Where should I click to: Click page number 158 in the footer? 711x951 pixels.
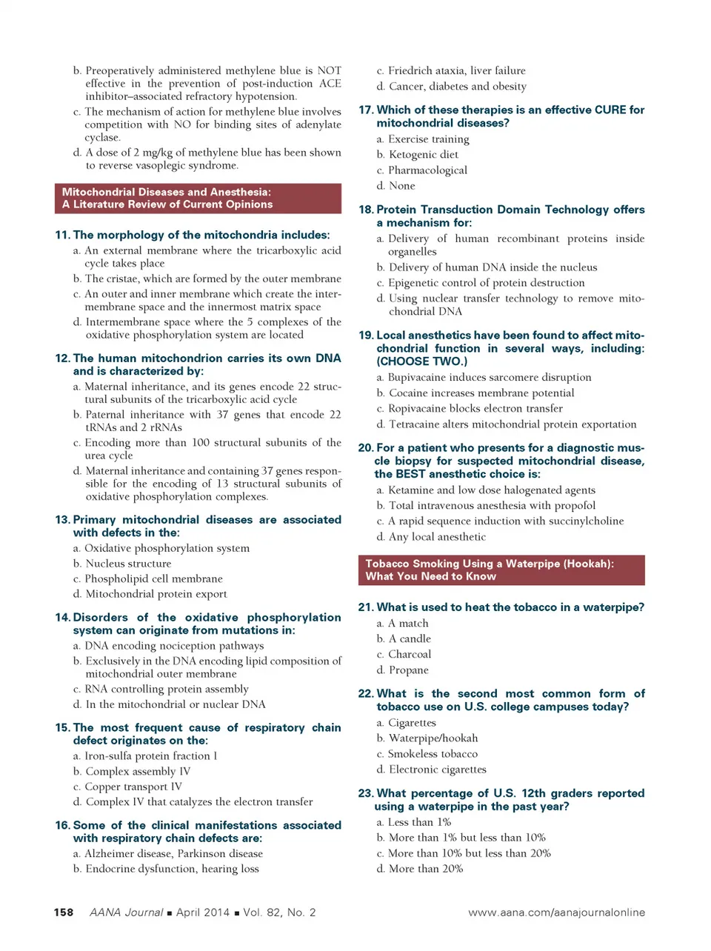click(64, 912)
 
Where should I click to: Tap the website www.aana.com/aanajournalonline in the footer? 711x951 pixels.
click(556, 912)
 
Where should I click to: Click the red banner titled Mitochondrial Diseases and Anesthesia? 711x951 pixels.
click(198, 198)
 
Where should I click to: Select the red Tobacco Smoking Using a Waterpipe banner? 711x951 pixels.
click(501, 570)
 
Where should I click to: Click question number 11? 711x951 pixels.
click(62, 236)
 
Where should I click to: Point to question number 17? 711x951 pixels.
click(366, 110)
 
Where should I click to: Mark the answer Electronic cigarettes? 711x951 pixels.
click(437, 770)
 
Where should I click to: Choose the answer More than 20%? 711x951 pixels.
click(425, 869)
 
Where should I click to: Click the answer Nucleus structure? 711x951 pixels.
click(128, 564)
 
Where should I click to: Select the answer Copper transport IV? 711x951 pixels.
click(133, 787)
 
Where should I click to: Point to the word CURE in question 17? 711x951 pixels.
click(610, 110)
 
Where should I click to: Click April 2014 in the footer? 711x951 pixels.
click(202, 912)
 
